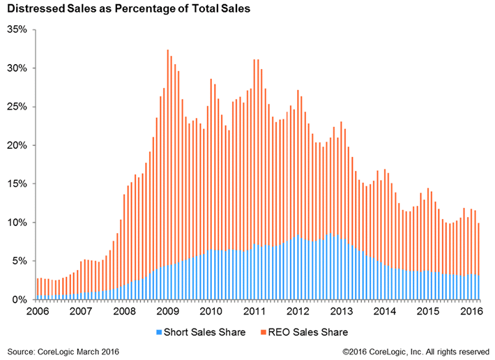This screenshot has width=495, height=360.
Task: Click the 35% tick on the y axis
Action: coord(17,30)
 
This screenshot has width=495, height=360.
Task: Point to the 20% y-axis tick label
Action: coord(17,146)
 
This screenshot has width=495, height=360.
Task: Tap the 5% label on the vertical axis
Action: coord(20,261)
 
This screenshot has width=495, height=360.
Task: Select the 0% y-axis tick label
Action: coord(20,299)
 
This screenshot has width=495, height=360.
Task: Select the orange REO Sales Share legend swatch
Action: coord(263,331)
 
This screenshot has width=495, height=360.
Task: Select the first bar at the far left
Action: coord(38,289)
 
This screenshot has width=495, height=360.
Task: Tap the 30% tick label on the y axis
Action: coord(17,68)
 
